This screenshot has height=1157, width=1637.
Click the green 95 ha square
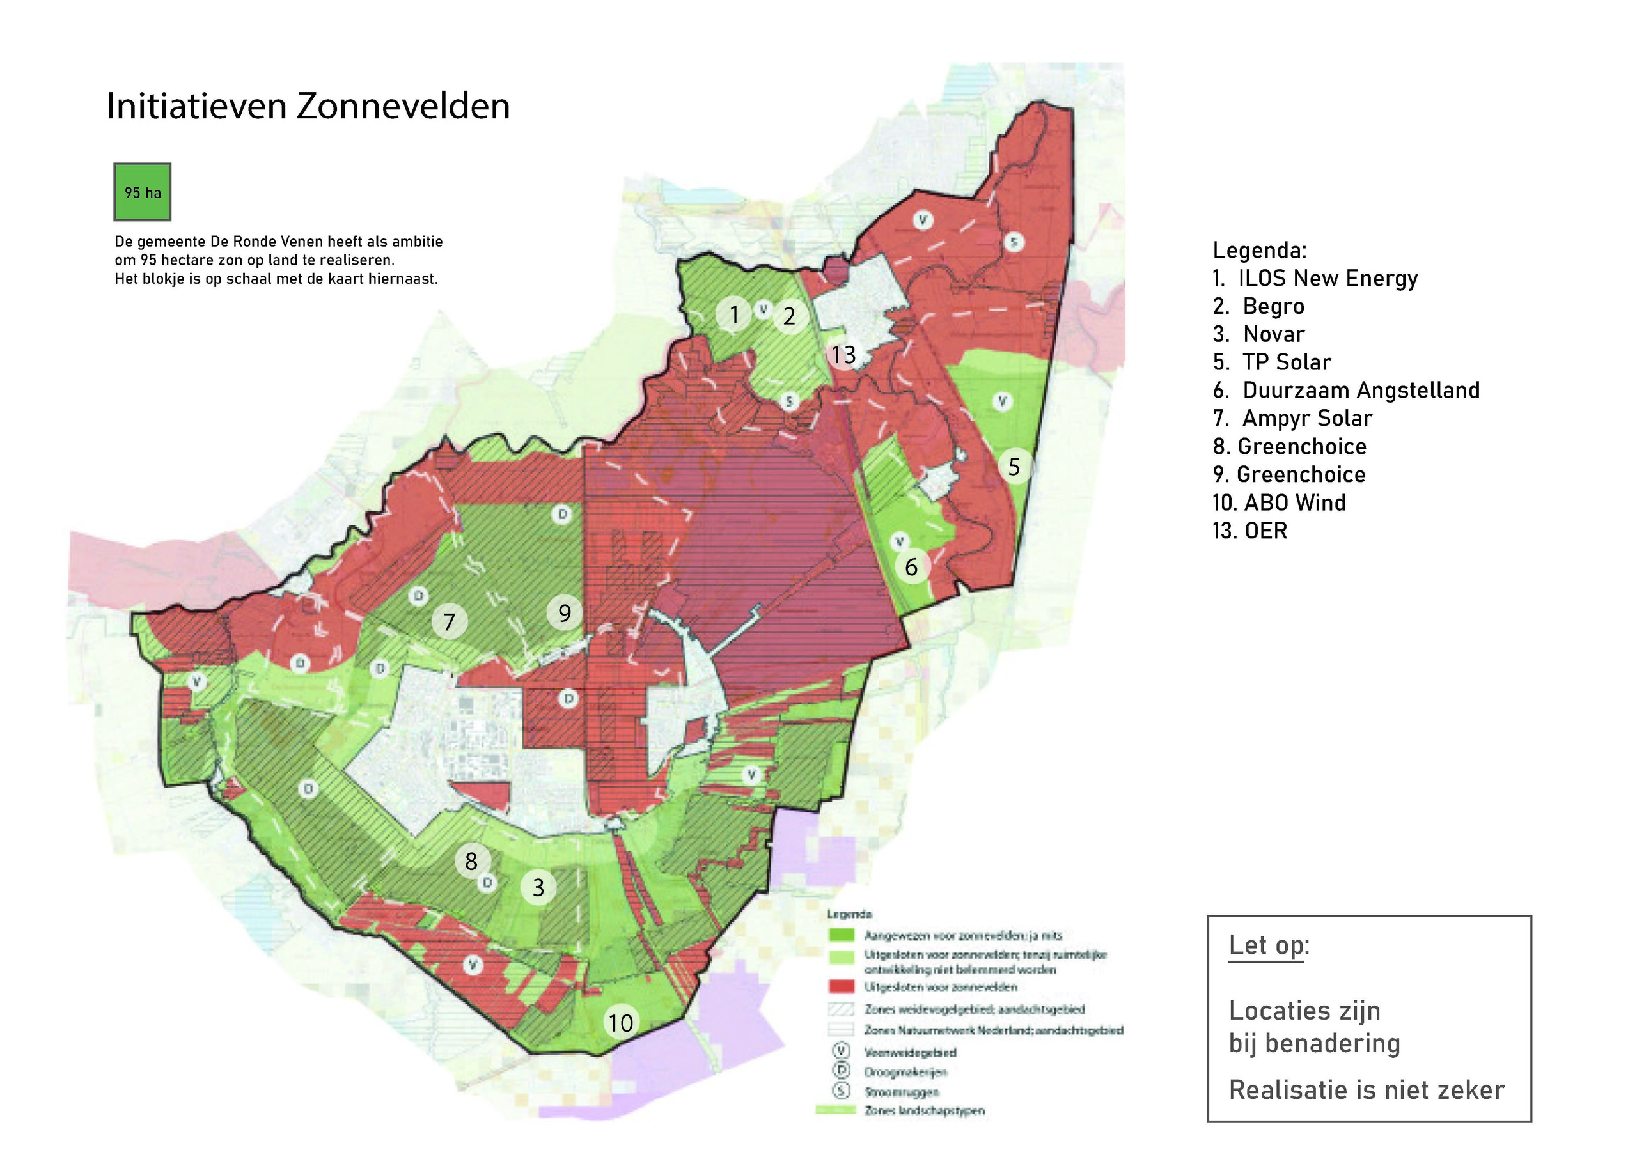tap(143, 192)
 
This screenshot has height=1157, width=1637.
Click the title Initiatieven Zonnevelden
tap(308, 106)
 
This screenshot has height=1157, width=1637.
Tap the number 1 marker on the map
tap(733, 314)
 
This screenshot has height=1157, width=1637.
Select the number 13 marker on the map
tap(843, 354)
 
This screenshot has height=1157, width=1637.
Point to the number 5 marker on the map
tap(1014, 467)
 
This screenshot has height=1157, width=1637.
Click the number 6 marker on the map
tap(911, 567)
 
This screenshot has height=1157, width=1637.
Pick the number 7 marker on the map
tap(449, 621)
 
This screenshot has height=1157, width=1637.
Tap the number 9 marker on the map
tap(565, 612)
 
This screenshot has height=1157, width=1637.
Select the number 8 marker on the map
tap(471, 861)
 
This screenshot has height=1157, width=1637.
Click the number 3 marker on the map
tap(538, 887)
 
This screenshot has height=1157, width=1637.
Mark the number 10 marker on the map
tap(620, 1023)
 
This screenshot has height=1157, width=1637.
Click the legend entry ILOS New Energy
tap(1315, 278)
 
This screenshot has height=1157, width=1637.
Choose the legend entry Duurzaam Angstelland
tap(1346, 390)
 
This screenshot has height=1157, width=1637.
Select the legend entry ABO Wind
tap(1279, 502)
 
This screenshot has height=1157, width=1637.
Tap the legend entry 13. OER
tap(1250, 531)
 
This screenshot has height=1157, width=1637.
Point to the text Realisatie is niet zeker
tap(1366, 1090)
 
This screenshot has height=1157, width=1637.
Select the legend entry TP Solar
tap(1273, 362)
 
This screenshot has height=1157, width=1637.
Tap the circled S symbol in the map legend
tap(842, 1091)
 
